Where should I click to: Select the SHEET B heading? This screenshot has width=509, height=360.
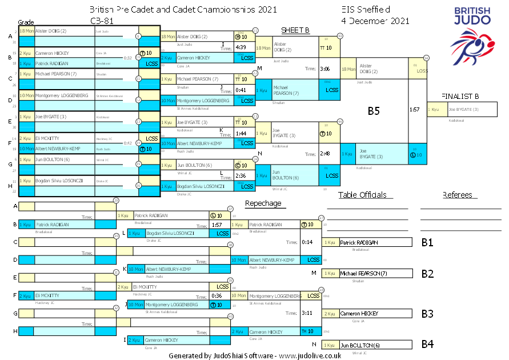[x=295, y=30]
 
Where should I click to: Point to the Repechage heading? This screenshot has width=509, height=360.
[x=263, y=203]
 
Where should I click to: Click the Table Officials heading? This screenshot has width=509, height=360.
[x=366, y=195]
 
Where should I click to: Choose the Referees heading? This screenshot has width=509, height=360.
[x=460, y=195]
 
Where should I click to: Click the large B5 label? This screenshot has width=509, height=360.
[x=374, y=111]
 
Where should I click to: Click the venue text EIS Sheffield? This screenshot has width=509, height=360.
[x=366, y=10]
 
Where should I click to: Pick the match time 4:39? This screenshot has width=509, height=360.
[x=241, y=47]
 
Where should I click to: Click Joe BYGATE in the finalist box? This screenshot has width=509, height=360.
[x=463, y=109]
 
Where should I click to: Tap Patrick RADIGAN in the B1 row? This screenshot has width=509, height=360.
[x=359, y=242]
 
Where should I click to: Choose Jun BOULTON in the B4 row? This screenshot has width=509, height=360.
[x=360, y=345]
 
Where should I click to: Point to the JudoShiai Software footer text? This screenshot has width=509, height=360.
[x=255, y=355]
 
